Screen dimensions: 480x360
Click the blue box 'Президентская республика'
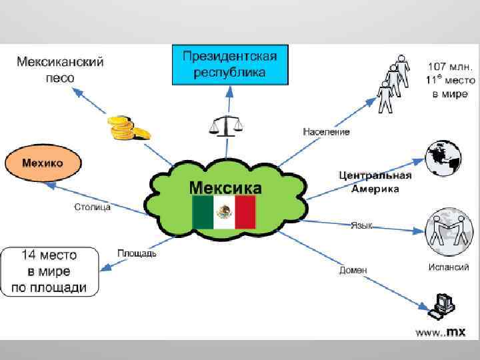click(x=230, y=64)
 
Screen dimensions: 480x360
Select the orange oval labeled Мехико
click(x=43, y=163)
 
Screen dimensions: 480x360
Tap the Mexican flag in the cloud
click(x=224, y=212)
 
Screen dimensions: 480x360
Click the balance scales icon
click(x=226, y=124)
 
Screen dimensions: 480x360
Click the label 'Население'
click(x=326, y=132)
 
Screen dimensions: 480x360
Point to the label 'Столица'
click(x=92, y=207)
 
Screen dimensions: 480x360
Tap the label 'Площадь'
click(x=137, y=253)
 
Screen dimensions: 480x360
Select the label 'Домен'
click(x=353, y=269)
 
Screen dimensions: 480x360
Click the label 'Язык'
click(x=361, y=225)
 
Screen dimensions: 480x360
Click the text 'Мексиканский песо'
click(x=60, y=69)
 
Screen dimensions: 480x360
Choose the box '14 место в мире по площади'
click(x=49, y=271)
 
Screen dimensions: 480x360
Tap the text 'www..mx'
click(x=441, y=331)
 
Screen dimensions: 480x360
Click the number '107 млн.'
click(x=451, y=67)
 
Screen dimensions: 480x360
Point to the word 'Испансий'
click(x=448, y=267)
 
